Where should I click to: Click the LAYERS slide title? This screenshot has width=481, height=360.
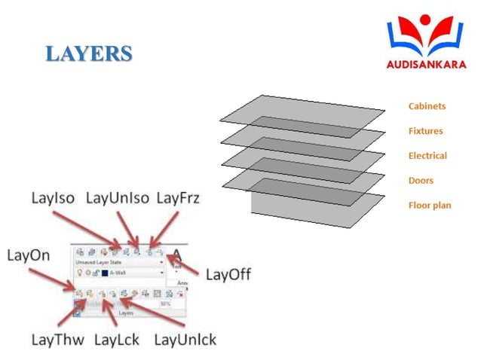88,53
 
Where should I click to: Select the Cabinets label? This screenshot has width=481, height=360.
427,106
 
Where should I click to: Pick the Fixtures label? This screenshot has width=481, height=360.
425,131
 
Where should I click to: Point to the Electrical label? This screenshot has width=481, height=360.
427,156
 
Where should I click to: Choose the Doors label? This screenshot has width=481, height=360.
421,181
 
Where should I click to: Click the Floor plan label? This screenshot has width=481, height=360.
430,206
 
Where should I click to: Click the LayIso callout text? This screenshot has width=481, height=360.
54,198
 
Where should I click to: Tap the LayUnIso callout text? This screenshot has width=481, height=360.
117,198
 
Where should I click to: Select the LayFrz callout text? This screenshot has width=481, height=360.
178,198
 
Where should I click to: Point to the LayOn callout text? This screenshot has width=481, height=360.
29,255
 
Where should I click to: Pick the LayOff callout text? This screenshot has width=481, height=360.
228,275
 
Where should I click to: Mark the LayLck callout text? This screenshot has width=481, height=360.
117,340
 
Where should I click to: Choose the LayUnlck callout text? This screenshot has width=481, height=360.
185,340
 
